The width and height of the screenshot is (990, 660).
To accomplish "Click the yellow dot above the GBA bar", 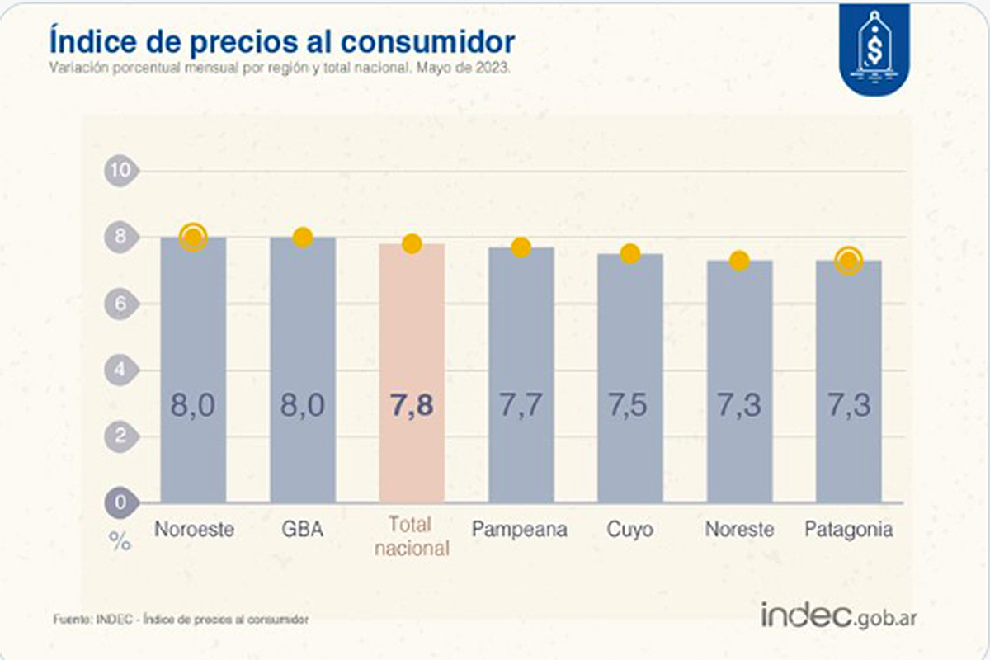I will tap(303, 238).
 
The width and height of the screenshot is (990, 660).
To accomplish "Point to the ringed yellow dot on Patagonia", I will tap(848, 262).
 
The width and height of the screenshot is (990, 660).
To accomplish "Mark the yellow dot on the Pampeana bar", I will tap(521, 247).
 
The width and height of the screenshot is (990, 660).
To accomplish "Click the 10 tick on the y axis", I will tap(120, 171).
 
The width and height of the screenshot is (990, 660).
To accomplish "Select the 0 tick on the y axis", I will tap(120, 502).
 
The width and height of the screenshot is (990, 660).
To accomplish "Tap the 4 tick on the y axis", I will tap(120, 370).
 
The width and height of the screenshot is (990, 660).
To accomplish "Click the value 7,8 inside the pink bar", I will tap(412, 406).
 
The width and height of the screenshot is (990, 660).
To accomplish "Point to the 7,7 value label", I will tap(521, 406).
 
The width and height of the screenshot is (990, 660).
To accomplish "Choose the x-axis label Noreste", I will tap(739, 529).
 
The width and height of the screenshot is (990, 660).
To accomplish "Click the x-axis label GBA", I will tap(303, 529).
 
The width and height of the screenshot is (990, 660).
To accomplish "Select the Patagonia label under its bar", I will tap(848, 529).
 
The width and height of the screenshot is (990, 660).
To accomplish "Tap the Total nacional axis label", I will tap(412, 537).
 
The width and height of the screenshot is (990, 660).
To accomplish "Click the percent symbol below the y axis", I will tap(120, 542).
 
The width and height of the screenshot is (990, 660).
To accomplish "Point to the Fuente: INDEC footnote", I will tap(181, 619).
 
